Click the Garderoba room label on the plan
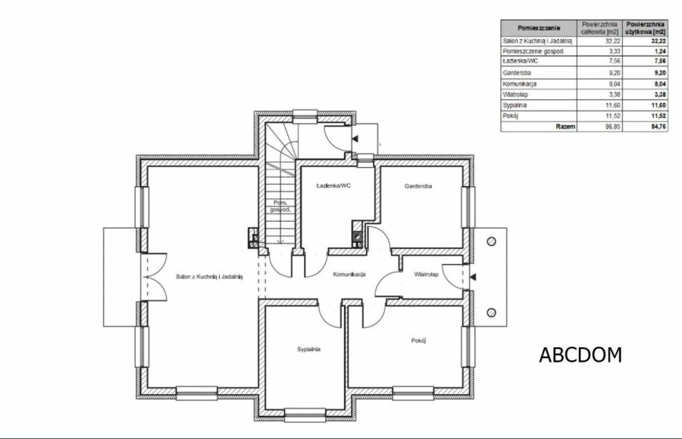418,186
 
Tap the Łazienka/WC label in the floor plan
333,185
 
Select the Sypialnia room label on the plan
309,349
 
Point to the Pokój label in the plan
418,341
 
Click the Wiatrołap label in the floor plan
426,275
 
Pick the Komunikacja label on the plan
349,274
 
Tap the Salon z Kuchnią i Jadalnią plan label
209,276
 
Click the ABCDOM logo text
580,355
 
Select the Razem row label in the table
565,127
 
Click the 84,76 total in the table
658,127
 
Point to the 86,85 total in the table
613,127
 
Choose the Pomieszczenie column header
539,28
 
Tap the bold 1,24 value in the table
660,51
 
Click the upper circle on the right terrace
492,241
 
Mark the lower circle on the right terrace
492,313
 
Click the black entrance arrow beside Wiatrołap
473,277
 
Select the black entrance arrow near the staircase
355,139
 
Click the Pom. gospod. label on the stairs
280,206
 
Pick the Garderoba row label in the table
517,73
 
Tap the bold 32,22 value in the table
658,42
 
